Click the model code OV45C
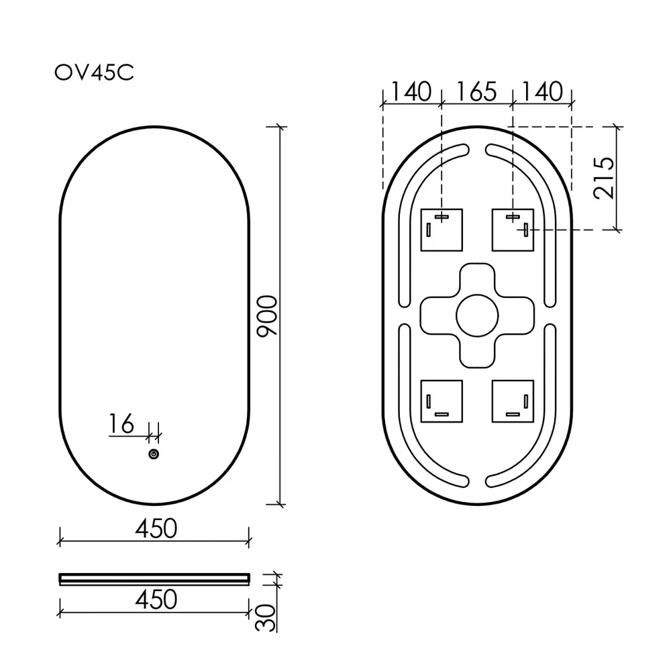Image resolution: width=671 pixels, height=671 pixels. (94, 72)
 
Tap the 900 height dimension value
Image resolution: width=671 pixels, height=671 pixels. (266, 315)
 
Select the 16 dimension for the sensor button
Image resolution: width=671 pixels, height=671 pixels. (121, 424)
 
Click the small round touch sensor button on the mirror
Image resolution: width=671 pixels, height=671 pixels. (154, 455)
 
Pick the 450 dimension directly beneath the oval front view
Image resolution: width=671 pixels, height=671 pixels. (156, 529)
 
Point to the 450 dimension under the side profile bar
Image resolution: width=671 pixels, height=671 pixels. (156, 599)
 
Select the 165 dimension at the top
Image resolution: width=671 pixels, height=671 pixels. (476, 91)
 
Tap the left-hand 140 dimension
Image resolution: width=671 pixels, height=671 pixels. (411, 91)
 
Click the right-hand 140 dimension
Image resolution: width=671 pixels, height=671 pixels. (541, 91)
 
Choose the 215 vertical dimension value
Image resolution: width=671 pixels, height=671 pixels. (604, 178)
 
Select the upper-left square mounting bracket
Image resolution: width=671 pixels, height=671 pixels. (442, 229)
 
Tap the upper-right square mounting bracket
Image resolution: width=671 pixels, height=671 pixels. (513, 229)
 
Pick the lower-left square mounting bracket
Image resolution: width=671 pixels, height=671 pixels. (442, 401)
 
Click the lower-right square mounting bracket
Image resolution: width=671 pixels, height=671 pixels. (513, 401)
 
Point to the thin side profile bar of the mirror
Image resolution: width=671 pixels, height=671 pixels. (154, 578)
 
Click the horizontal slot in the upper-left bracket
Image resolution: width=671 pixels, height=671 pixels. (442, 217)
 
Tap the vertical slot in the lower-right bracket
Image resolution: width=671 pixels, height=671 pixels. (525, 401)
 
